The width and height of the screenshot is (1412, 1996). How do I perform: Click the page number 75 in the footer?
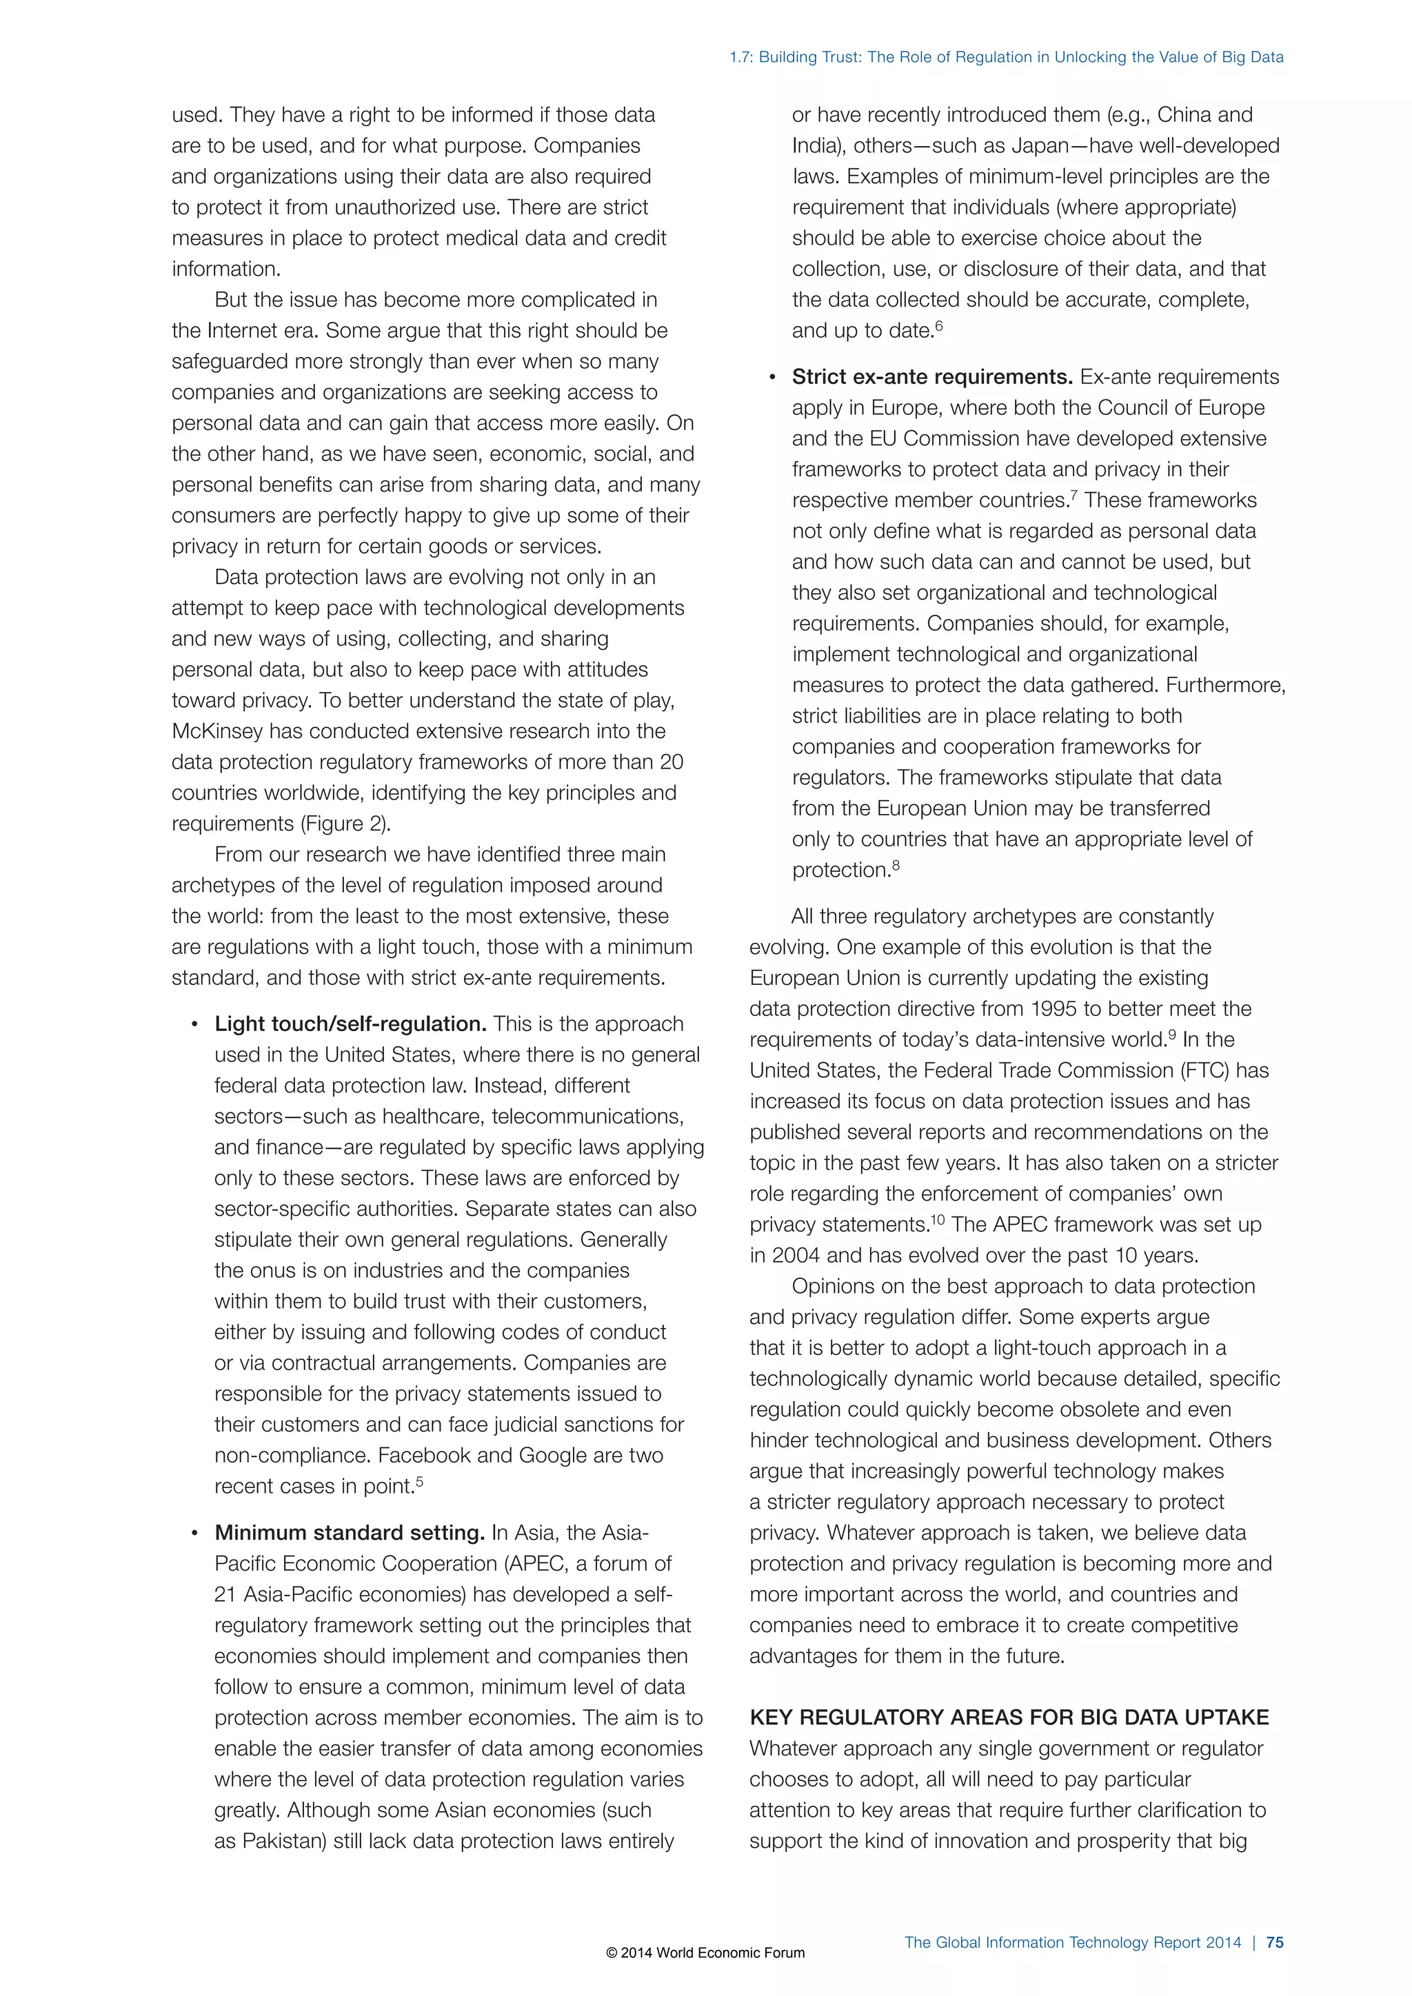[1275, 1942]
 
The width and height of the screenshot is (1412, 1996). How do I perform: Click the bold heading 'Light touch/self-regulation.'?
[350, 1024]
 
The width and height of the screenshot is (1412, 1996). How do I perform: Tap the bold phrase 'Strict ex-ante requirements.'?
[932, 377]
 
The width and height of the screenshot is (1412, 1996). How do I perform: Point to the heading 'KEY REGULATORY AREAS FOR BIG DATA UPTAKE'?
[1009, 1718]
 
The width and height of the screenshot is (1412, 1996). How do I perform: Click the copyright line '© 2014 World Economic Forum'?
[705, 1953]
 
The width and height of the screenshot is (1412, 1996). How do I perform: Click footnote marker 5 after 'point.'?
[420, 1480]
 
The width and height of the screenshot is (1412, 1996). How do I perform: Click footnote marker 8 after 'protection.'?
[896, 864]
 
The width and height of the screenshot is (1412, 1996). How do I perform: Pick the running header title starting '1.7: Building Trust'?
[1006, 57]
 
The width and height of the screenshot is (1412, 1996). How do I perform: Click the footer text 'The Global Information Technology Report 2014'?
[1072, 1942]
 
